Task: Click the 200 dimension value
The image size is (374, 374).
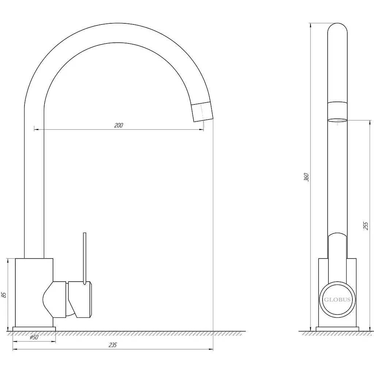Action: coord(119,125)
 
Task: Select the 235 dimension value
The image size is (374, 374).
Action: coord(113,345)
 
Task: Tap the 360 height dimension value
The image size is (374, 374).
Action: coord(306,177)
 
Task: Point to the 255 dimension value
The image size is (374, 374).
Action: coord(365,226)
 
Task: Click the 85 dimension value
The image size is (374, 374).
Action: coord(4,295)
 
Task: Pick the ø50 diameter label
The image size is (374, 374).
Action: coord(34,337)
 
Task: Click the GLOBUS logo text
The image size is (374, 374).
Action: coord(337,300)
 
